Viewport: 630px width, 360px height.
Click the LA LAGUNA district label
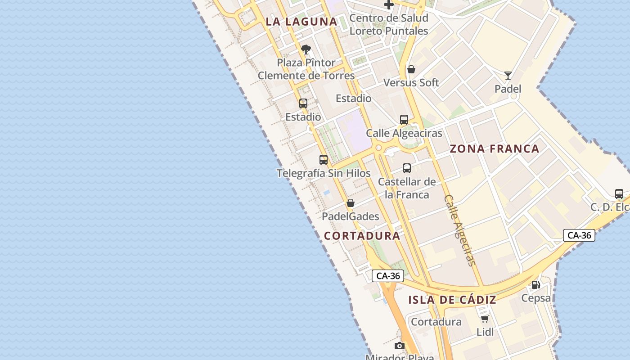click(x=301, y=22)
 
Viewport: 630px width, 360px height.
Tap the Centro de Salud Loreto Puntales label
click(x=389, y=25)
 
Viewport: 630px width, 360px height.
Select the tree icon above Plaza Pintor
click(x=306, y=49)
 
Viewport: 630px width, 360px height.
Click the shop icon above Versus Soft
click(x=411, y=69)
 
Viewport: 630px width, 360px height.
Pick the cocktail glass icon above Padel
click(x=508, y=75)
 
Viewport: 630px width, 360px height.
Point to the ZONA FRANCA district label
click(x=495, y=149)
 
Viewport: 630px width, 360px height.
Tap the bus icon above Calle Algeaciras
click(x=404, y=120)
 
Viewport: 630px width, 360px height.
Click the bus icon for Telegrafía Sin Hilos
click(x=324, y=159)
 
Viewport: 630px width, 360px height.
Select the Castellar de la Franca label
click(x=407, y=188)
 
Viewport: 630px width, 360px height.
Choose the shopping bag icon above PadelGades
click(x=351, y=203)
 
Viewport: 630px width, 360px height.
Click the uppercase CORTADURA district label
click(x=362, y=236)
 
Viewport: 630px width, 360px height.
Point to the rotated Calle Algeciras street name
click(x=459, y=230)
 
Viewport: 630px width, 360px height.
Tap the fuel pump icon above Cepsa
click(x=535, y=284)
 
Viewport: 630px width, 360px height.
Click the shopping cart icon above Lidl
click(x=485, y=319)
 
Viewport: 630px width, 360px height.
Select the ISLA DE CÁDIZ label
click(x=452, y=300)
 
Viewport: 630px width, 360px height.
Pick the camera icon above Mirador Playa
click(x=399, y=346)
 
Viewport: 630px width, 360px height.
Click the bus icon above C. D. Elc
click(x=619, y=194)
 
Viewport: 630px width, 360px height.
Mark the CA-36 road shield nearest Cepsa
click(x=579, y=235)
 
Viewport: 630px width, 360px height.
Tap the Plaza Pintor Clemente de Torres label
click(x=306, y=69)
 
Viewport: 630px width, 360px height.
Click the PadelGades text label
click(x=351, y=216)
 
